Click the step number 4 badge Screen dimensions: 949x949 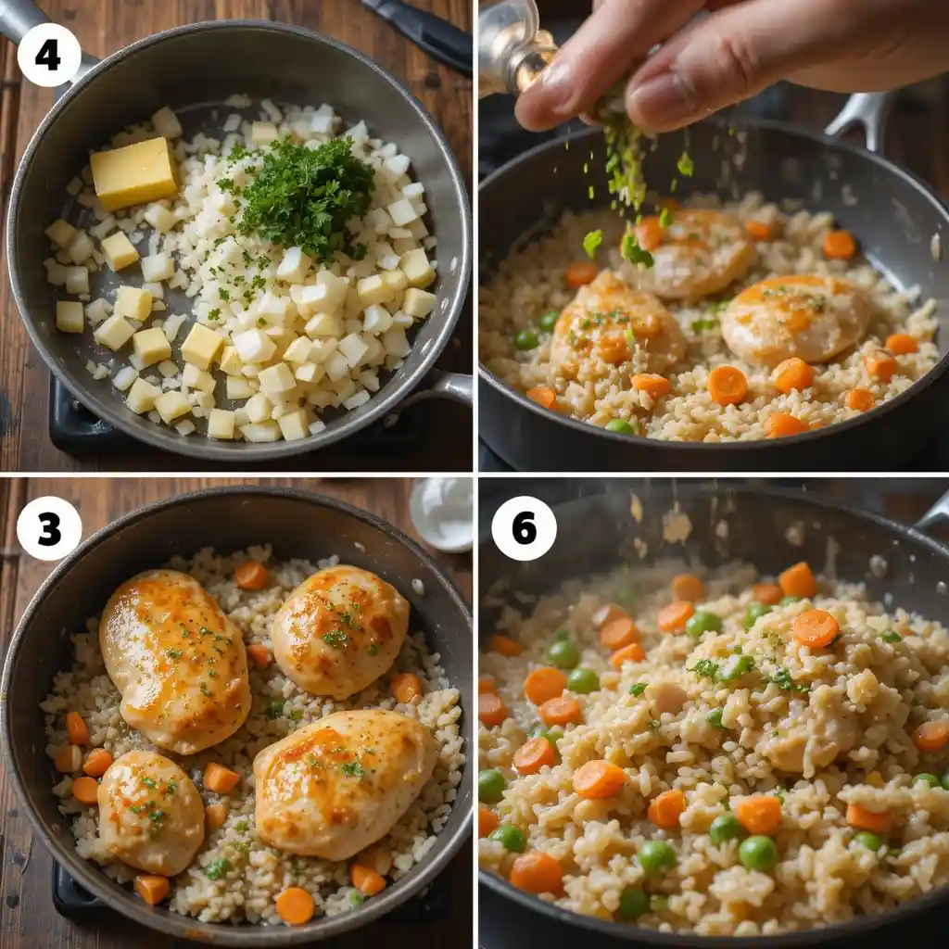pos(48,55)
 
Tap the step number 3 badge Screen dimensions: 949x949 pos(48,528)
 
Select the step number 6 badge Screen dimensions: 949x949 pos(524,528)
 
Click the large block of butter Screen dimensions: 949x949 pos(133,172)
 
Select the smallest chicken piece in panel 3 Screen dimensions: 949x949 pos(150,811)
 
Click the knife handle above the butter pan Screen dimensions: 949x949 pos(422,32)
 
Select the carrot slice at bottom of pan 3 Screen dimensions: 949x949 pos(295,905)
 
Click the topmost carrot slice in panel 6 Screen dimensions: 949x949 pos(797,580)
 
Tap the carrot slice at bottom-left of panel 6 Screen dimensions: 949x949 pos(537,872)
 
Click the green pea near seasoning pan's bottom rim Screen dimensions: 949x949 pos(619,426)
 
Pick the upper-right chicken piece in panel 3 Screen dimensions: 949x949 pos(340,630)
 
